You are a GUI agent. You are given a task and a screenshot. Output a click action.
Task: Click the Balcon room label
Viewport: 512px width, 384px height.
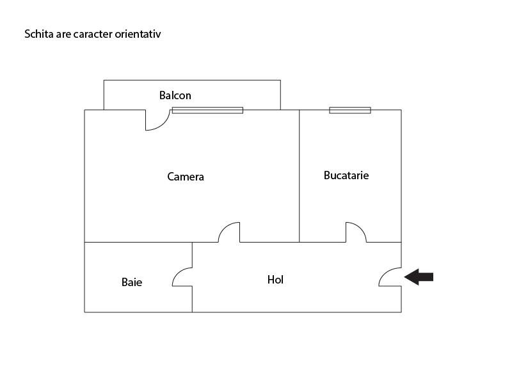pos(175,95)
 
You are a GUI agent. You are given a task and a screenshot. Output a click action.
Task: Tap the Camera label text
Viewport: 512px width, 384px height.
pos(186,177)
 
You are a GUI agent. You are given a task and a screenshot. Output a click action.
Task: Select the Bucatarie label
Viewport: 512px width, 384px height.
pos(346,175)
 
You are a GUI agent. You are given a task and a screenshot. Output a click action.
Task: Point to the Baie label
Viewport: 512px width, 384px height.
pos(132,282)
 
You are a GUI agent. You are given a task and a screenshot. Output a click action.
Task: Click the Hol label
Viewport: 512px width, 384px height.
pos(275,280)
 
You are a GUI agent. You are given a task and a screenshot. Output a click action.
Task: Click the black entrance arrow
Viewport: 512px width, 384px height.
pos(419,277)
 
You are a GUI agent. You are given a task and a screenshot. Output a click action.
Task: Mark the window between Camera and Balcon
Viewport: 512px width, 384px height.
pos(207,110)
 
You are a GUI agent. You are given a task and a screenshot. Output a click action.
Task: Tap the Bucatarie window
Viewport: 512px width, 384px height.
pos(350,110)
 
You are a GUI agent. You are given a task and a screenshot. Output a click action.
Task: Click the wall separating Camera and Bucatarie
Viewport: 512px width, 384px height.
pos(299,176)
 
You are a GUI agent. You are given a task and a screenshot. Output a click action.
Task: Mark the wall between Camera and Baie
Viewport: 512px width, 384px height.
pos(138,243)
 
